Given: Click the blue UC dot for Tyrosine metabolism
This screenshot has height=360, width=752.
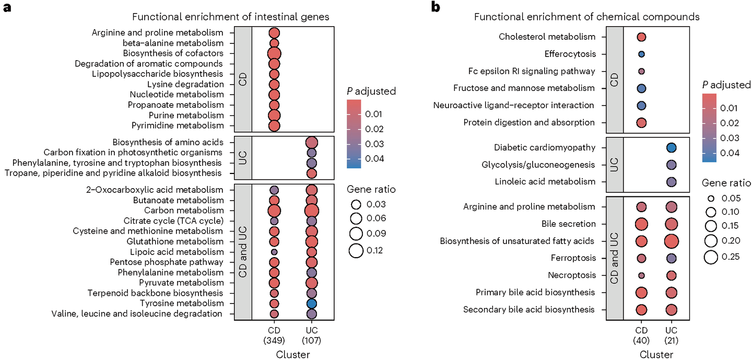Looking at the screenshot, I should coord(312,304).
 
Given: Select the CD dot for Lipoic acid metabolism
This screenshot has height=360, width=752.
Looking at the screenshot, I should coord(274,252).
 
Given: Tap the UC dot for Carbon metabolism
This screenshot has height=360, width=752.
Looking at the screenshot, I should coord(312,211).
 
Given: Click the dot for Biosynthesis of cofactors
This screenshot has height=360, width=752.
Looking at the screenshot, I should coord(274,53).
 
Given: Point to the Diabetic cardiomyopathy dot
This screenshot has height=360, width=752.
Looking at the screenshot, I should coord(672,148).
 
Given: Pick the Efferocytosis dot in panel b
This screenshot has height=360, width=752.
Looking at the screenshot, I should coord(641,54).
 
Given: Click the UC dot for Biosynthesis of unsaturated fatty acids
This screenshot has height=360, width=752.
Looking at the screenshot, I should coord(672,241).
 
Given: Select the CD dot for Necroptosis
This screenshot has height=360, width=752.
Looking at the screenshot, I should coord(641,275).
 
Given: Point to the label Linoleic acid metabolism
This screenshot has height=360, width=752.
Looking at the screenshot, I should coord(545,182).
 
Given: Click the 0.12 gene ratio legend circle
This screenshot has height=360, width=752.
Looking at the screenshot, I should coord(356,250).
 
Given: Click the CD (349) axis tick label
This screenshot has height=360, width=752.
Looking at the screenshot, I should coord(274,336).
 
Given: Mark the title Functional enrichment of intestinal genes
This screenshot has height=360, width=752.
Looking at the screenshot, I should coord(230,17).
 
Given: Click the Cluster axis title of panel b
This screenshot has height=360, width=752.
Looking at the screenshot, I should coord(656,354).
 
